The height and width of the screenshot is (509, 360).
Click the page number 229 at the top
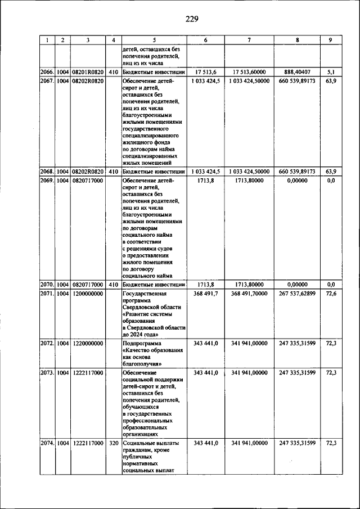(192, 19)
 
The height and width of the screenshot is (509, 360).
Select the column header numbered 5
(153, 40)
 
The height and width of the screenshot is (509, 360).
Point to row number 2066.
(47, 72)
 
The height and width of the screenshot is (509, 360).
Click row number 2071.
(47, 294)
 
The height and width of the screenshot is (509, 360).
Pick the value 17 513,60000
(249, 72)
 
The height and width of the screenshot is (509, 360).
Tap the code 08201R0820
(88, 72)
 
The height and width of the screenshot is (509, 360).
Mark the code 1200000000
(88, 294)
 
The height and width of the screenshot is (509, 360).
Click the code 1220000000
(88, 342)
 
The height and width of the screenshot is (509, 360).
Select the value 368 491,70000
(249, 294)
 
